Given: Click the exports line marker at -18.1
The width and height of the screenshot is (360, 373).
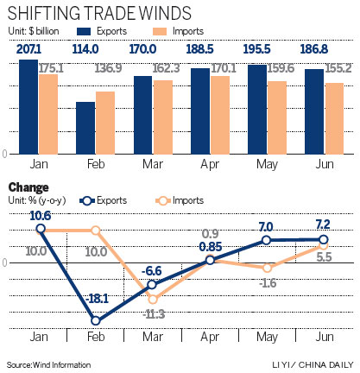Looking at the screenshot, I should [95, 320].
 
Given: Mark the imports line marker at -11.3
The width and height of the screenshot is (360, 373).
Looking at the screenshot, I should [153, 299].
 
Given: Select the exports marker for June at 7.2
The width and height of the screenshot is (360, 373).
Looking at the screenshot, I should [324, 239].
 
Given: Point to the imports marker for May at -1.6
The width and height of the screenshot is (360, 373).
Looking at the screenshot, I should [267, 268].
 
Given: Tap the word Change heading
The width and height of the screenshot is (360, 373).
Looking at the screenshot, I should [27, 187].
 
